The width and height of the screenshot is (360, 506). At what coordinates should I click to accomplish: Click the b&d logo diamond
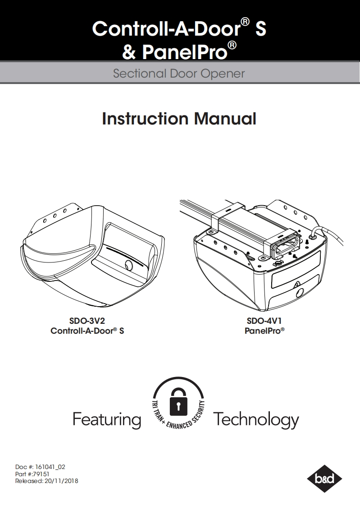[x=324, y=478]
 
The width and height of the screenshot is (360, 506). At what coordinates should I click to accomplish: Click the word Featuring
[x=107, y=419]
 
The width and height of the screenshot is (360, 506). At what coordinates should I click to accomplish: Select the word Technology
[x=256, y=420]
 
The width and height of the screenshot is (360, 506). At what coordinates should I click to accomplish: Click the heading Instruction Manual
[x=179, y=119]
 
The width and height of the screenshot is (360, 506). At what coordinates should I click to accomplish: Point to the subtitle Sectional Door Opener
[x=179, y=74]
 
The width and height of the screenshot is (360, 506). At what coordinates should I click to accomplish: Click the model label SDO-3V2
[x=87, y=321]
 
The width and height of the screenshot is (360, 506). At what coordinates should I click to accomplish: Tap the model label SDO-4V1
[x=264, y=321]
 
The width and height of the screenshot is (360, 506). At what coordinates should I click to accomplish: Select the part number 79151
[x=41, y=474]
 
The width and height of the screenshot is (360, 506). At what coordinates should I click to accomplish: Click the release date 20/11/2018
[x=61, y=481]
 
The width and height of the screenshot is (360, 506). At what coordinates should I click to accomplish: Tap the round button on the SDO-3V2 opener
[x=128, y=265]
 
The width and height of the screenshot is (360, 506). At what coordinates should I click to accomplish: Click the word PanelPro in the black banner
[x=185, y=51]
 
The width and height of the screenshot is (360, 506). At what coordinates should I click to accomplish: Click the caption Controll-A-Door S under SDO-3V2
[x=87, y=331]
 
